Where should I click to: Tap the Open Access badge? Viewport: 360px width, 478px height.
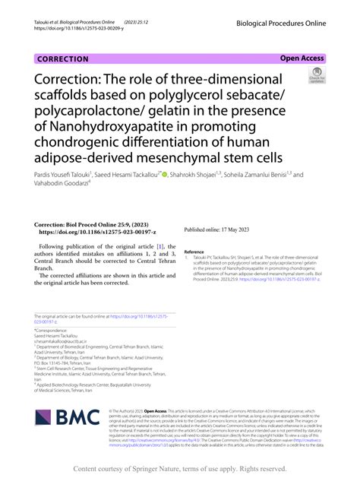(x=302, y=58)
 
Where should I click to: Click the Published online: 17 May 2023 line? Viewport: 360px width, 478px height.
(x=216, y=229)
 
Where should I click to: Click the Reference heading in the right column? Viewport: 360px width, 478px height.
(x=194, y=252)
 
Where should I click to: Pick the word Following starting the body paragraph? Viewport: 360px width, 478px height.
(x=56, y=247)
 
